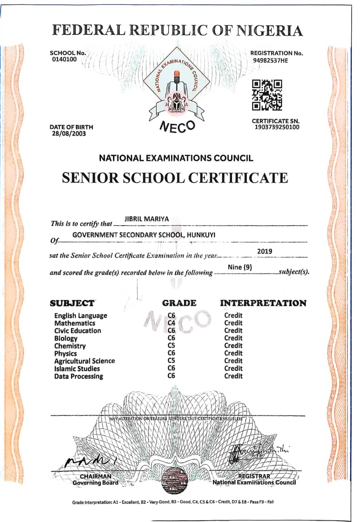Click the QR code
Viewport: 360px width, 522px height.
tap(267, 95)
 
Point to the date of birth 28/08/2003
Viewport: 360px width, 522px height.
tap(69, 133)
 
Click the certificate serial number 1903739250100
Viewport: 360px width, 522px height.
tap(276, 127)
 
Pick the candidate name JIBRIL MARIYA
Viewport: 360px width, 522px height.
tap(147, 219)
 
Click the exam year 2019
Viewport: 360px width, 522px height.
tap(265, 251)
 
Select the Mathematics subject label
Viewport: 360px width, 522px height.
tap(75, 323)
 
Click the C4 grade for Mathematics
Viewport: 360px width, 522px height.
tap(171, 323)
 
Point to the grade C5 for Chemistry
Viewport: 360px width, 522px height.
tap(171, 346)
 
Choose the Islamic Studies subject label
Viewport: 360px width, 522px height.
tap(77, 368)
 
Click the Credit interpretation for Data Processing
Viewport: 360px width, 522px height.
tap(233, 376)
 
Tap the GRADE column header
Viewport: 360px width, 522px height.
tap(179, 303)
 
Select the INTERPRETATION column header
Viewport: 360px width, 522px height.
tap(263, 303)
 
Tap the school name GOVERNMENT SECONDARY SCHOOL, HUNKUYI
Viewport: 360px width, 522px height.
tap(144, 235)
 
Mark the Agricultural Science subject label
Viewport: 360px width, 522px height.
tap(85, 361)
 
